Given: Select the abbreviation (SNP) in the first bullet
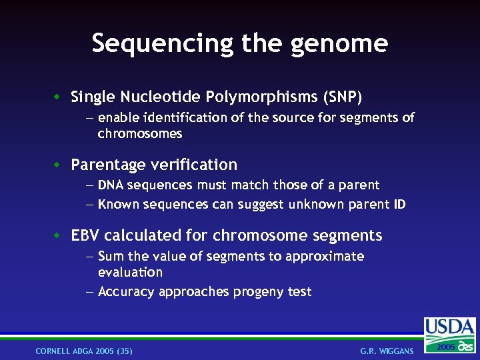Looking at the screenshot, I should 343,97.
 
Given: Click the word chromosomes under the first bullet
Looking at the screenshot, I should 139,134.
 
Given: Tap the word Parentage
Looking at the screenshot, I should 107,165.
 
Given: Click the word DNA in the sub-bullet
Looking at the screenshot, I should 111,185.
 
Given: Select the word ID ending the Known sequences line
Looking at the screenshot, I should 399,205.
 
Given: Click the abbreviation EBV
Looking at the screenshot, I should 85,235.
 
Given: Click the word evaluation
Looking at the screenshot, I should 130,273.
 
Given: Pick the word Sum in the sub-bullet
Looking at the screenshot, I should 110,257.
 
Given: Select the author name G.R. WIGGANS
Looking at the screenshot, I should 387,351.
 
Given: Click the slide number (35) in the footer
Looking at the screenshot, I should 124,351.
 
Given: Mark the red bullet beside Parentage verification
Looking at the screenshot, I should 58,165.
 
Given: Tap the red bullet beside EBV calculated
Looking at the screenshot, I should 58,235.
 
